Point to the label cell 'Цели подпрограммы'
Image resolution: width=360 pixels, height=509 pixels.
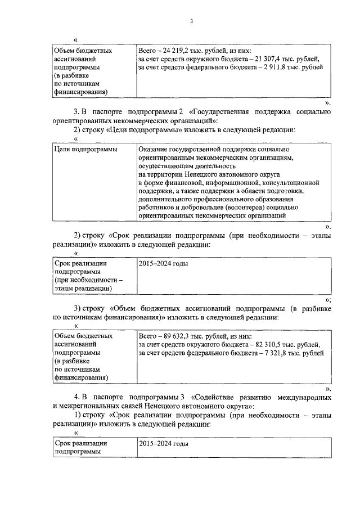point(82,150)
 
